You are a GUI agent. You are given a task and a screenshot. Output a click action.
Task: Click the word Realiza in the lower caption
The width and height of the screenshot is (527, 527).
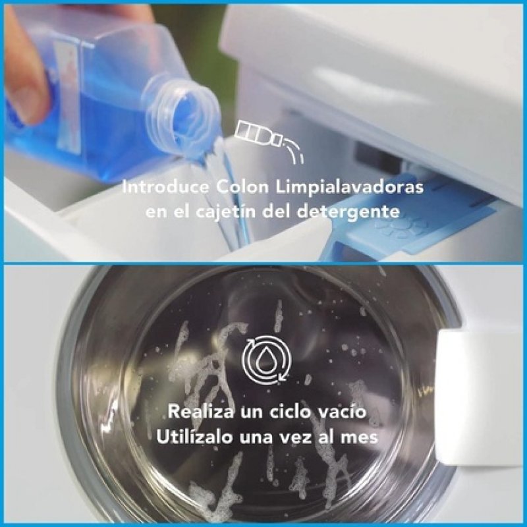point(199,412)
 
